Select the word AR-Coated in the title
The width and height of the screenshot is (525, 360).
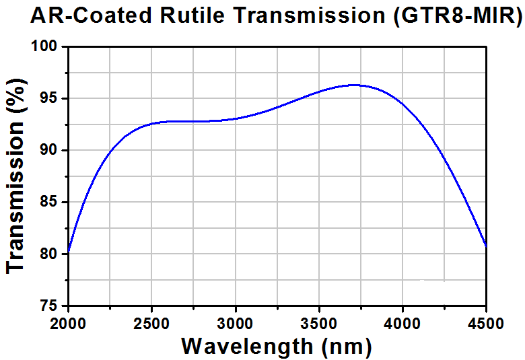tap(91, 15)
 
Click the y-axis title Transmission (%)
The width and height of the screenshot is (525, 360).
tap(15, 176)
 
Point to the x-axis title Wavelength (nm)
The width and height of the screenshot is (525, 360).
tap(277, 347)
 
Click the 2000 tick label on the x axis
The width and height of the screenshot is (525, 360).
tap(68, 324)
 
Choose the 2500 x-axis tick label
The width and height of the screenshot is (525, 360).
tap(151, 324)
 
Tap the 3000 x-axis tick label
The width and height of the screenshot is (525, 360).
tap(235, 324)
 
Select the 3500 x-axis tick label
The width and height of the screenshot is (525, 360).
tap(318, 324)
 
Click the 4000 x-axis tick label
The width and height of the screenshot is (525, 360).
tap(402, 324)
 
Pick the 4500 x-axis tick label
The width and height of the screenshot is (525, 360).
tap(485, 324)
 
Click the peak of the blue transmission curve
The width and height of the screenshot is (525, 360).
tap(355, 85)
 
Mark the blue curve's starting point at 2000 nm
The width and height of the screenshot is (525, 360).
tap(68, 250)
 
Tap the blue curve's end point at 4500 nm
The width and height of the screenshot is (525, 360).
tap(486, 246)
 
